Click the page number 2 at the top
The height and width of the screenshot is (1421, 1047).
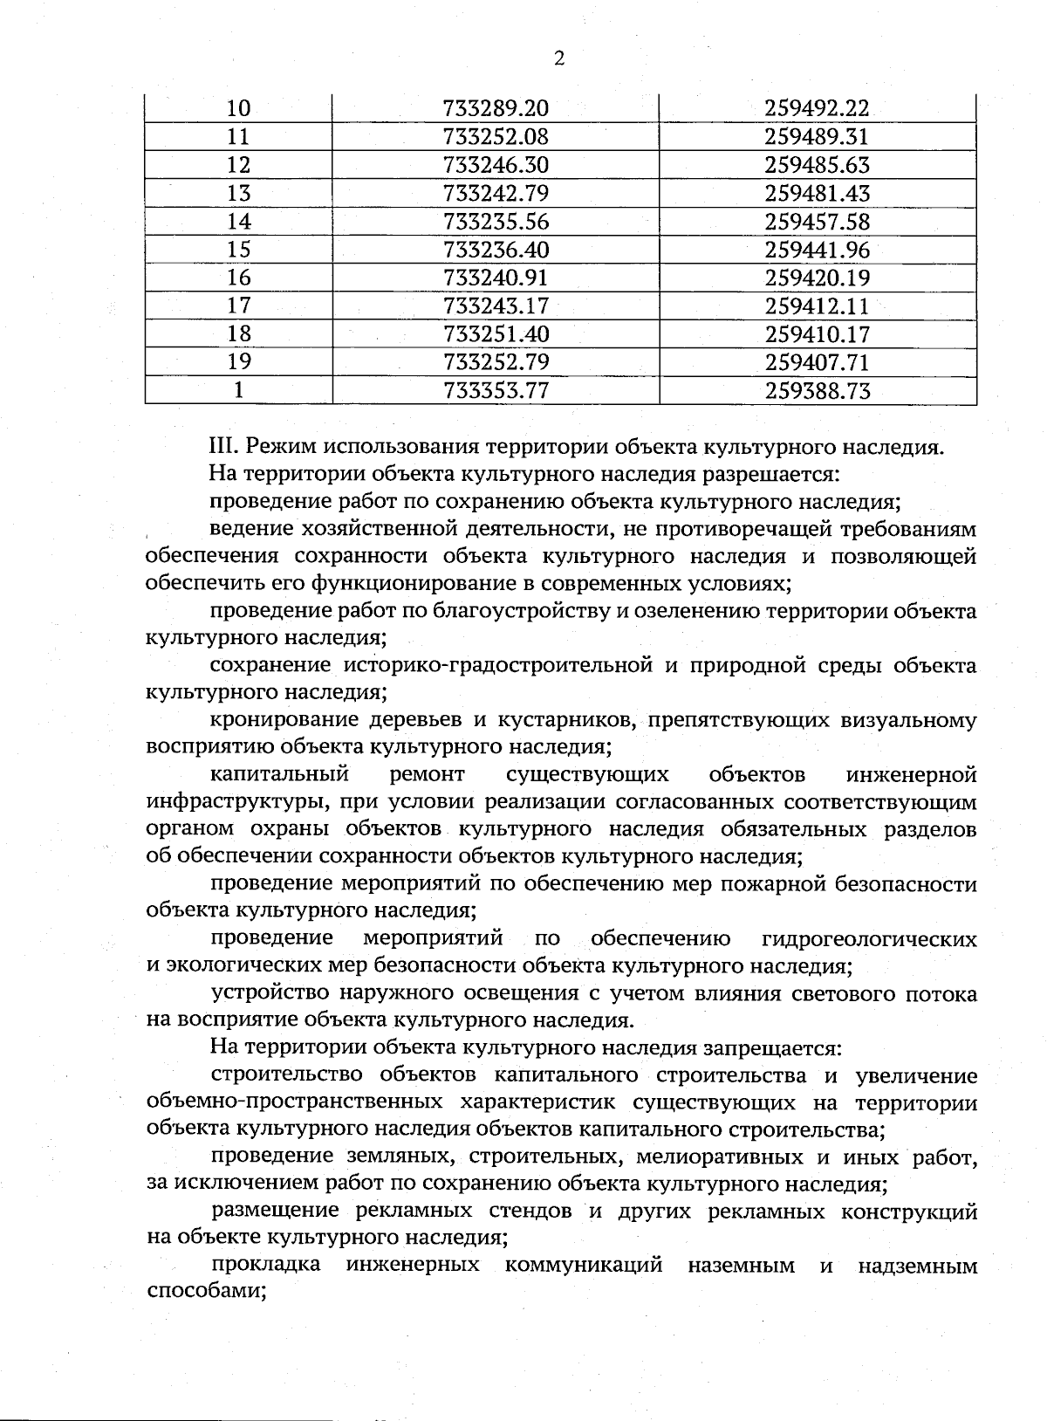pos(558,58)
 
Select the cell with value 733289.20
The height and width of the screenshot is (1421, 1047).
pos(496,108)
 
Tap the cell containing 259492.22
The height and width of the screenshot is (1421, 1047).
pos(817,108)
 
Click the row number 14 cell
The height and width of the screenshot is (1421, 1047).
pos(238,222)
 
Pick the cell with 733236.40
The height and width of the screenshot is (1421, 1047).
pos(496,250)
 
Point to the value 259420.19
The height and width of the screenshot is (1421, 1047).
pos(817,278)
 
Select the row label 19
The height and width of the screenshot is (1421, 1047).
pos(238,361)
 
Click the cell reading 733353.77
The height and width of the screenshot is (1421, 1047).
pos(496,390)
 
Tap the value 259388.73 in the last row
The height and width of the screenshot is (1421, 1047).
pos(817,390)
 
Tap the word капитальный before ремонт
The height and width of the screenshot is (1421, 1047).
pos(279,774)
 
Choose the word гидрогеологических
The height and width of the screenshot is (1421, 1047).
pos(868,939)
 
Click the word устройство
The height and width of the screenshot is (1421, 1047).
pos(272,993)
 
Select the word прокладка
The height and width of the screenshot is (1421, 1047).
pos(265,1265)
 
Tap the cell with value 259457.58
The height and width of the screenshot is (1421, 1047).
pos(817,222)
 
